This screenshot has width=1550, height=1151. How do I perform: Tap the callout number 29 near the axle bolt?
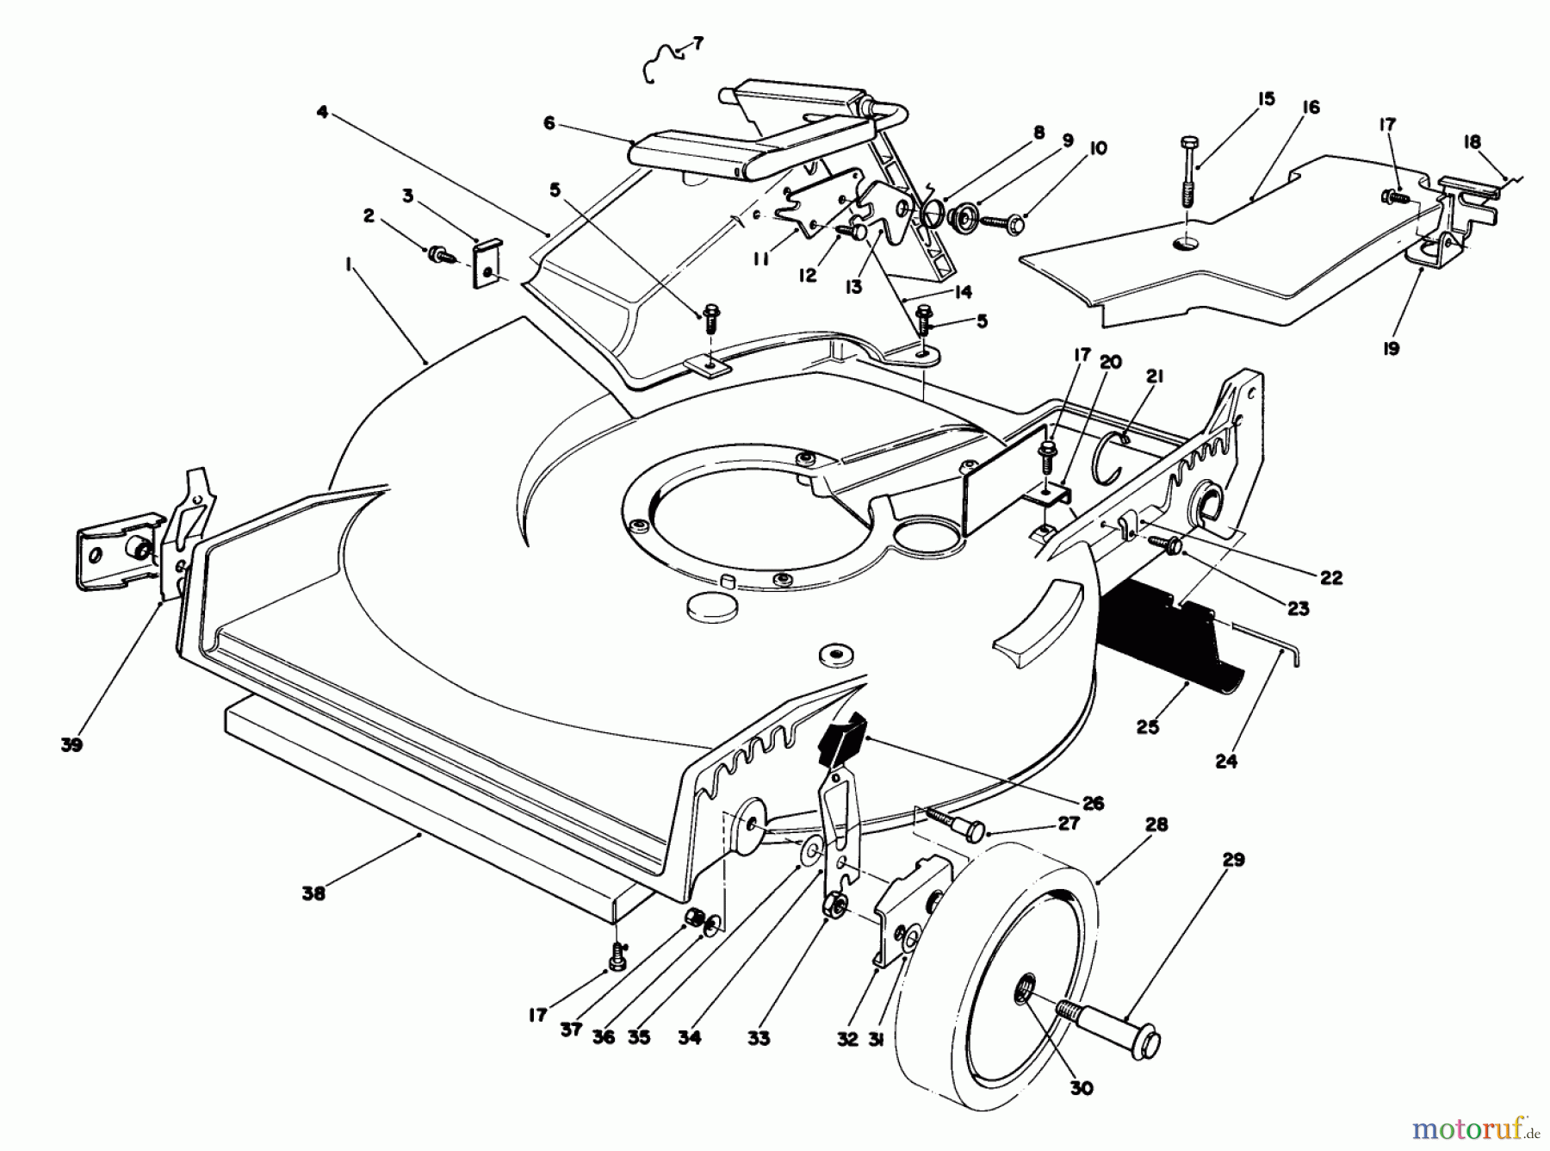1233,860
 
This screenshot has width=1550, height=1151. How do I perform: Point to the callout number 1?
350,267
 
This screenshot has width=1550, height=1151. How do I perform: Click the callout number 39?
71,745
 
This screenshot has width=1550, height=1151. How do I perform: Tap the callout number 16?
1311,108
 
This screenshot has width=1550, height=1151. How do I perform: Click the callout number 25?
1147,727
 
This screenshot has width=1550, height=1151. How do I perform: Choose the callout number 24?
1226,762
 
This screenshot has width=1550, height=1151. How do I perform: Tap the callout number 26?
1093,804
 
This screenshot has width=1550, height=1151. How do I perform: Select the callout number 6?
549,123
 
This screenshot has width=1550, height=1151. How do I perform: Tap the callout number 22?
1330,577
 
